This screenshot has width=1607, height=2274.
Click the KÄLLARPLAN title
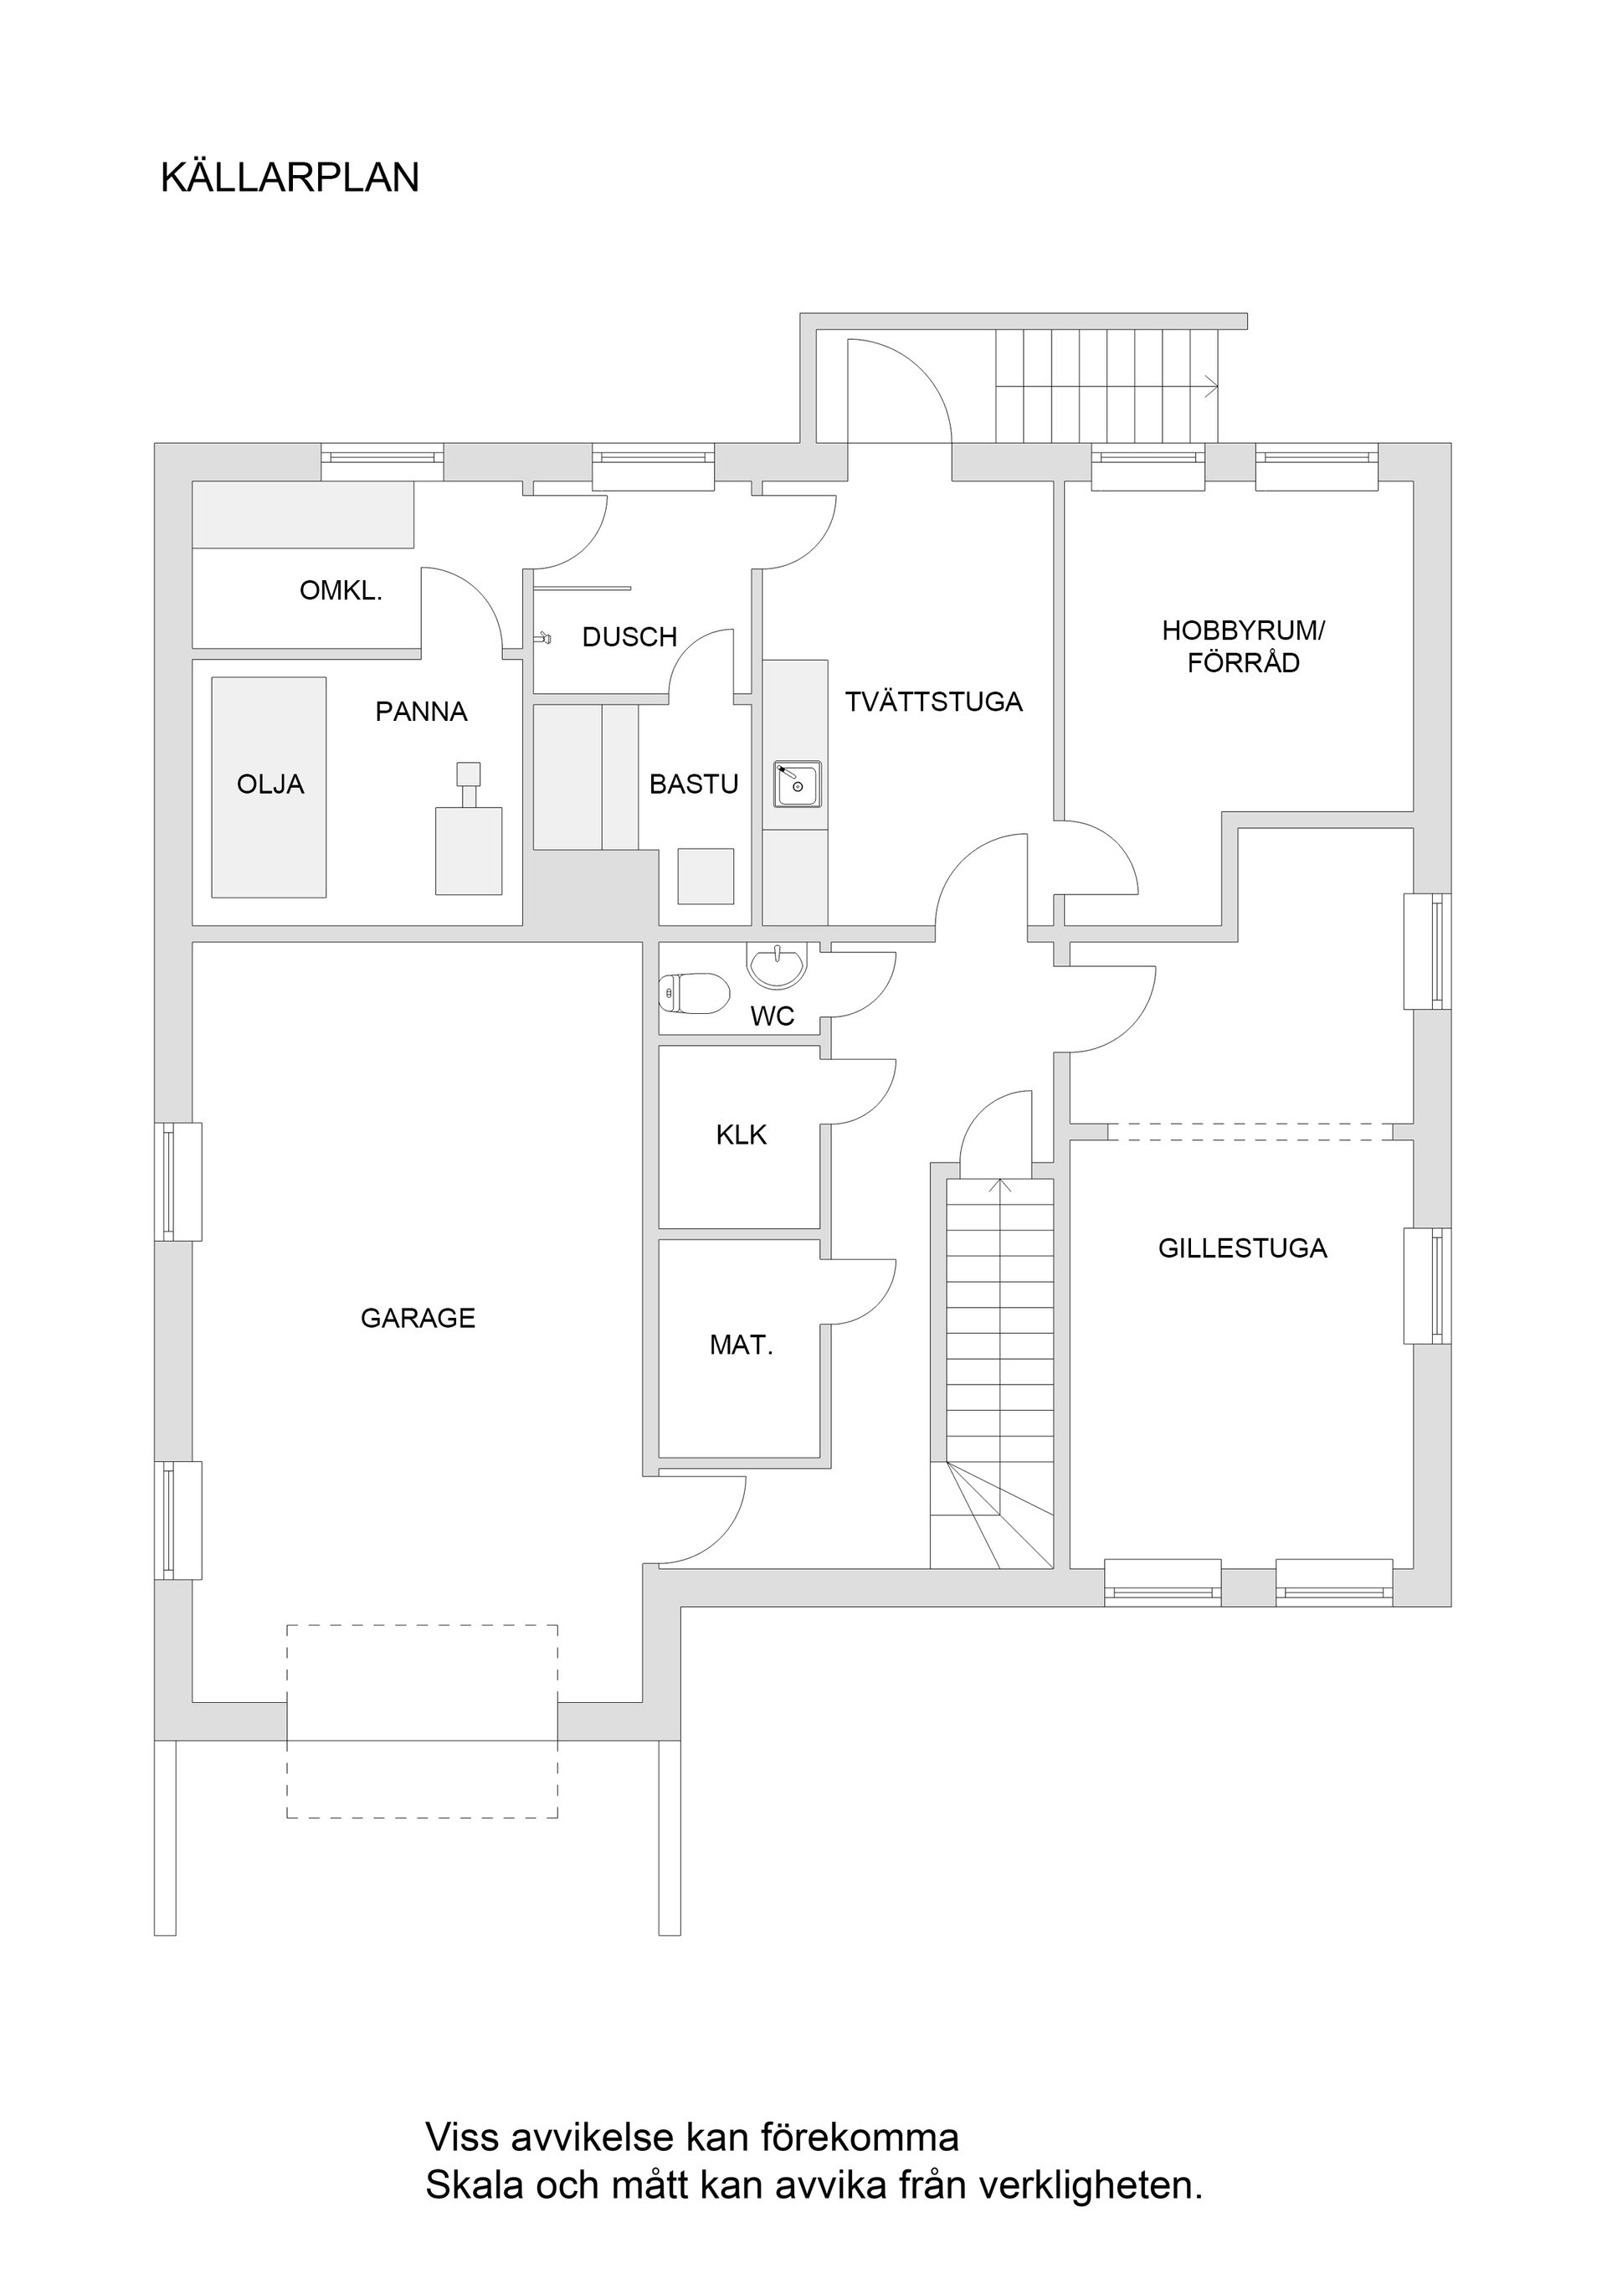[x=290, y=177]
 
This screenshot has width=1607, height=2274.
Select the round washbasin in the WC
[x=778, y=965]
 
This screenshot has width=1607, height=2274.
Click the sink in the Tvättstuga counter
[x=797, y=785]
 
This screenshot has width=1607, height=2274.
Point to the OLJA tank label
[x=270, y=785]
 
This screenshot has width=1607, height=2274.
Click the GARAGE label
[x=418, y=1318]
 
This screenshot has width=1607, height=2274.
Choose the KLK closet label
[x=741, y=1135]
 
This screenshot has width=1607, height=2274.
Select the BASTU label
[x=693, y=785]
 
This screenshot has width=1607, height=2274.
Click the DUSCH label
[x=629, y=637]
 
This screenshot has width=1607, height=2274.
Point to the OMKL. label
[x=341, y=591]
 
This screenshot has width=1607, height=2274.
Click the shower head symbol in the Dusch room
[x=542, y=639]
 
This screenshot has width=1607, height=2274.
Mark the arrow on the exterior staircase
[x=1210, y=386]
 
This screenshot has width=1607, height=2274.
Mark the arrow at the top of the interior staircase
[x=1000, y=1185]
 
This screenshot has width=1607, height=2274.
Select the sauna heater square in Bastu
[x=705, y=876]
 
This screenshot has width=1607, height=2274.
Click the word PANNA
[x=421, y=711]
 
